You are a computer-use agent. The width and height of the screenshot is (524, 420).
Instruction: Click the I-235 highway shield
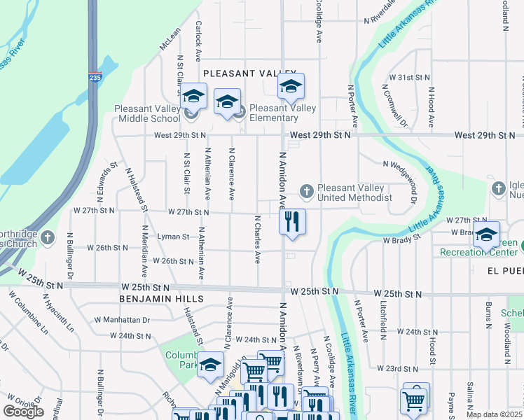(x=95, y=78)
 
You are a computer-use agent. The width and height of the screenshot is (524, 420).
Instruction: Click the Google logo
(x=23, y=412)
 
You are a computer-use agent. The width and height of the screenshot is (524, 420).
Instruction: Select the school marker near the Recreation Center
(x=485, y=235)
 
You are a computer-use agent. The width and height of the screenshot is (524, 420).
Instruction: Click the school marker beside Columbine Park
(x=209, y=365)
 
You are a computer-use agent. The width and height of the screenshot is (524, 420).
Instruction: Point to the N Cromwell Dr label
(x=394, y=106)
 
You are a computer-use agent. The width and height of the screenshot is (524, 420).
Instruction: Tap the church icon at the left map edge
(x=48, y=237)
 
